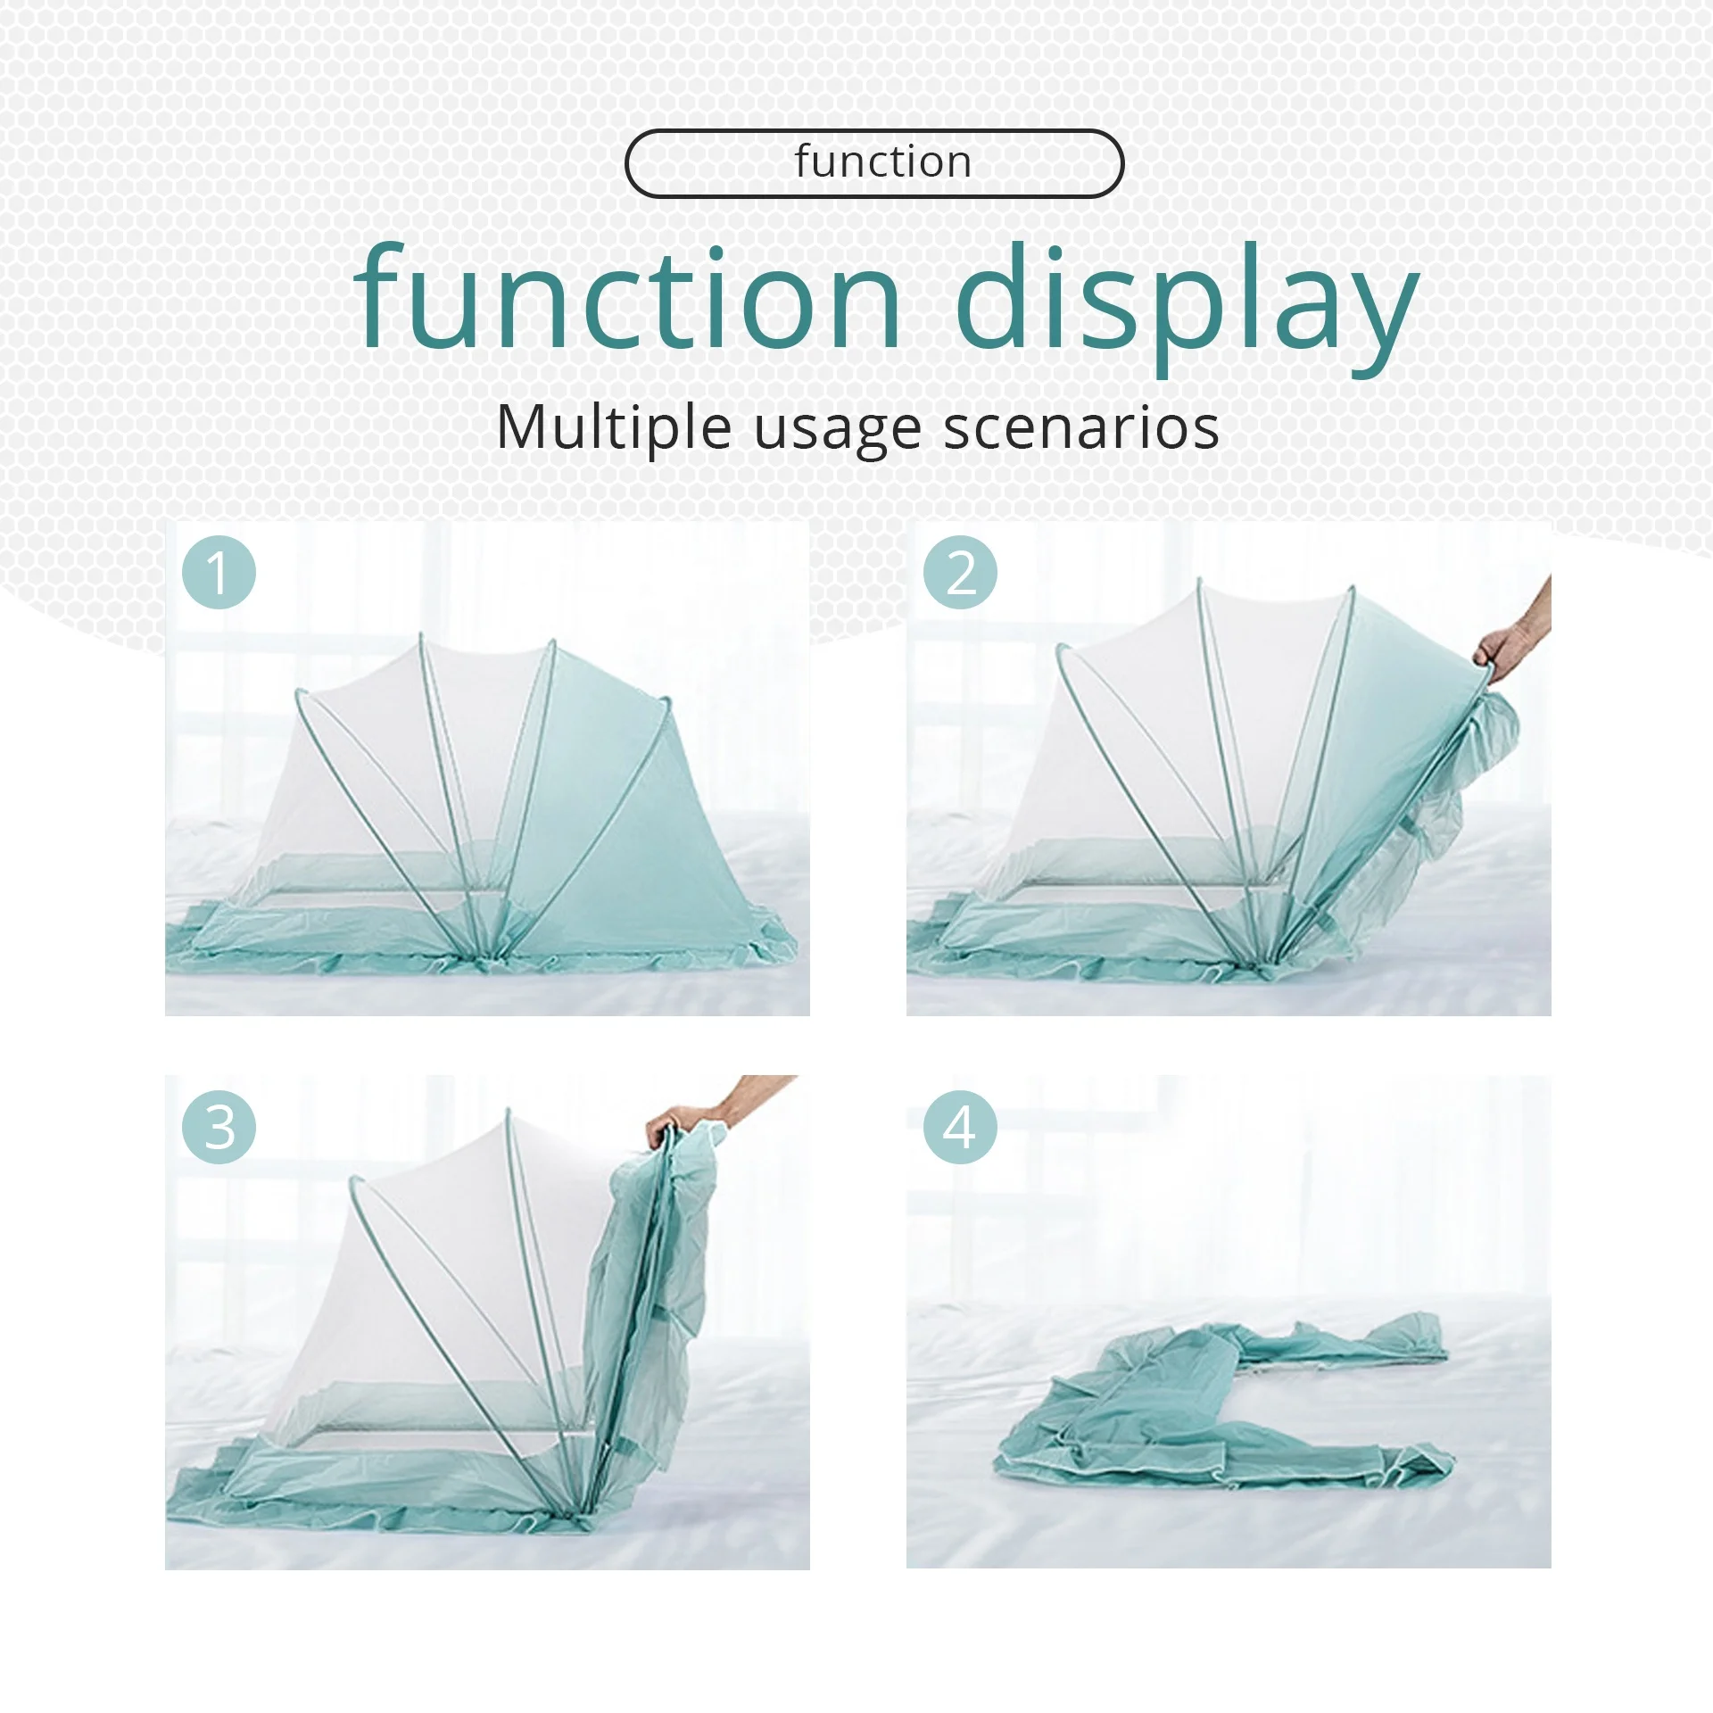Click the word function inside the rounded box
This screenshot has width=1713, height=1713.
point(882,162)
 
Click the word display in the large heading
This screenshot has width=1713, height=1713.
point(1186,299)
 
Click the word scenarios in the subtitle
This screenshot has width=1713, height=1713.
point(1081,428)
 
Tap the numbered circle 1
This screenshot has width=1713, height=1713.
point(219,573)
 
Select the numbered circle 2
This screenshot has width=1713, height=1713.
point(960,573)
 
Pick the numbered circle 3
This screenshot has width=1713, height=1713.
point(219,1127)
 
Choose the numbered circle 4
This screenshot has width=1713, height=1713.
point(960,1127)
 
